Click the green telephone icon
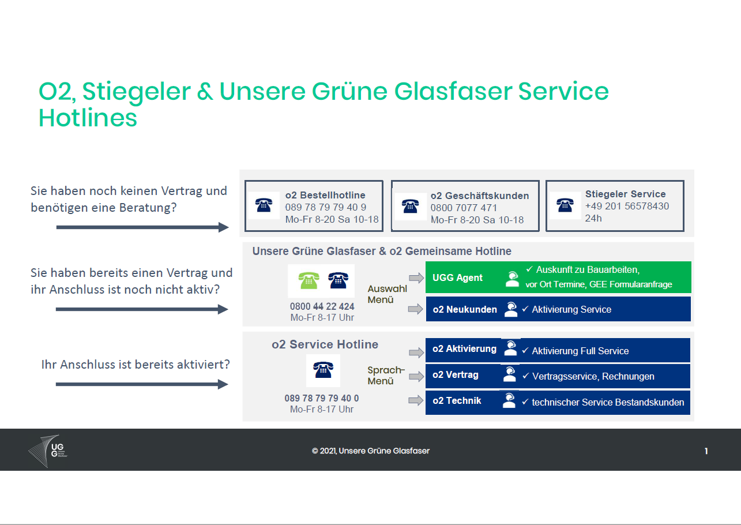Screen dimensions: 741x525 coord(309,280)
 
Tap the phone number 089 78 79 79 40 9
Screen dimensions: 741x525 coord(325,207)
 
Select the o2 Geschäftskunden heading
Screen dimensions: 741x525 coord(480,196)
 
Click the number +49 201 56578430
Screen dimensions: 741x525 coord(627,206)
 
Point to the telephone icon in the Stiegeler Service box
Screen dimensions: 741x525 coord(565,205)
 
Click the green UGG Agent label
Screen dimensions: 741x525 coord(457,277)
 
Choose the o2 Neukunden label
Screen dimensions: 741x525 coord(465,309)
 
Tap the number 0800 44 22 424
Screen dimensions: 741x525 coord(322,306)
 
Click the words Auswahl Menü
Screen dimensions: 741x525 coord(387,294)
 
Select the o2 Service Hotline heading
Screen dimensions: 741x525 coord(325,344)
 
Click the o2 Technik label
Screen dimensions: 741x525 coord(457,400)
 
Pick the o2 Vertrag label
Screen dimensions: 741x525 coord(455,375)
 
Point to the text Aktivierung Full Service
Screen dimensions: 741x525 coord(580,351)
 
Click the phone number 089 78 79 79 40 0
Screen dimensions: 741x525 coord(322,398)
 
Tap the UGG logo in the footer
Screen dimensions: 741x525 coord(48,451)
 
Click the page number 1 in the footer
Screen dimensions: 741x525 coord(706,451)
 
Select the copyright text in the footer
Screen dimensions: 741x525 coord(370,451)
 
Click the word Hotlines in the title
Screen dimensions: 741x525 coord(88,118)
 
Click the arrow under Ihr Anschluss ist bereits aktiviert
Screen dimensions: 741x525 coord(142,384)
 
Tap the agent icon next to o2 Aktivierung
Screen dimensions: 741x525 coord(510,348)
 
